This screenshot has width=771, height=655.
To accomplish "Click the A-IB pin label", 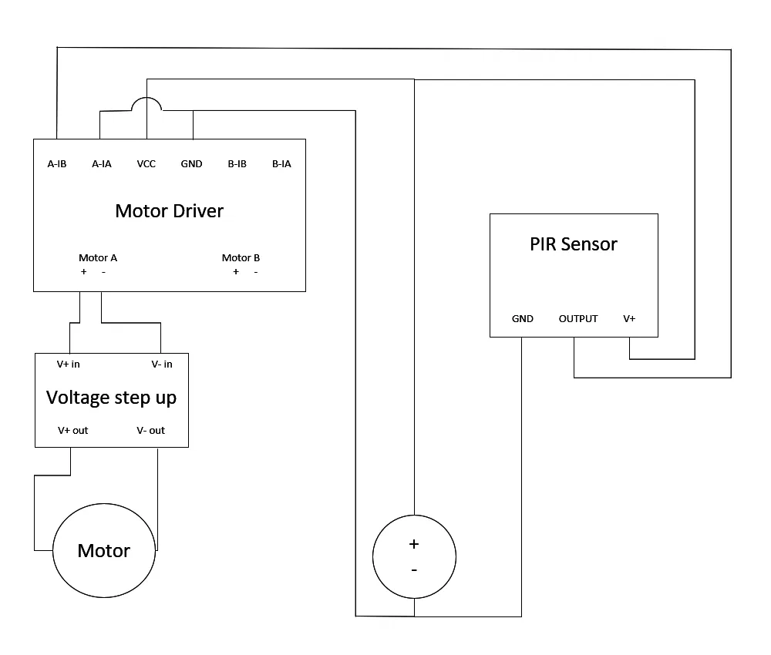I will point(57,164).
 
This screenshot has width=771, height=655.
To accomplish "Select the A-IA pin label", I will point(102,164).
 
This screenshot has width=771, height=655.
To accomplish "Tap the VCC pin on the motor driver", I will point(146,164).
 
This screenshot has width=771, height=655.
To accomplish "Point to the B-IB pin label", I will point(237,164).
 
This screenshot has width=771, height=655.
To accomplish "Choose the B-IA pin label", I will point(281,164).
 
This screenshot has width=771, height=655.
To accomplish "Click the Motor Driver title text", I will point(169,211).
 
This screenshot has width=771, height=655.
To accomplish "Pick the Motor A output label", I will point(98,258).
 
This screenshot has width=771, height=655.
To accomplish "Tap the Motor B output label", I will point(241,258).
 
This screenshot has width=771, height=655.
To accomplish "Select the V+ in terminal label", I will point(69,364).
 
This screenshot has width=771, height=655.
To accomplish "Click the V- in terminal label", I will point(162,364).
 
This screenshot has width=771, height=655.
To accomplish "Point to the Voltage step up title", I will point(111,398).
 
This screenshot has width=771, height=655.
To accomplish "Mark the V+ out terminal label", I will point(73,430).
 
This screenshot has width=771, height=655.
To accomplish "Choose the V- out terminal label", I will point(150,430).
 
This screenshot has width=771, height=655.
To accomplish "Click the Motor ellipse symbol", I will point(104,551).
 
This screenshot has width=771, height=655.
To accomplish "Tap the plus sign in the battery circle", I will point(414,544).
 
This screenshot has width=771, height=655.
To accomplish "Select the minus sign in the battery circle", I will point(414,570).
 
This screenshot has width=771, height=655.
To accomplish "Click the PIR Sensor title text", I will point(574,244).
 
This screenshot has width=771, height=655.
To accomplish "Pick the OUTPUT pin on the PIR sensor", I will point(578,318).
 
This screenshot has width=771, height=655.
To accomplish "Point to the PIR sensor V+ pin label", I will point(629,318).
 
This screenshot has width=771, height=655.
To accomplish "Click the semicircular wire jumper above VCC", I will point(146,102).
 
